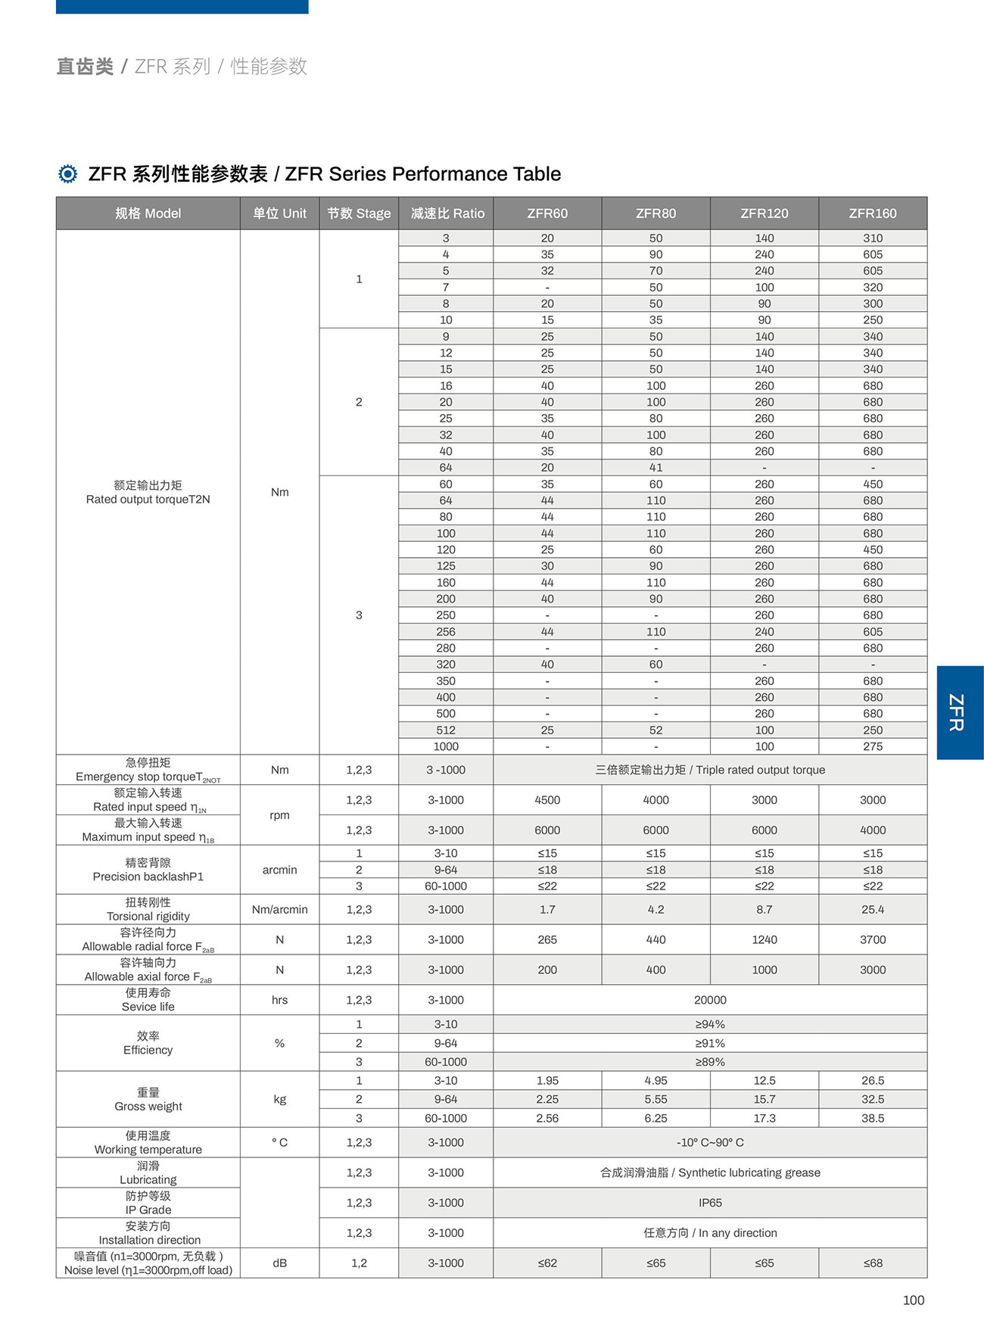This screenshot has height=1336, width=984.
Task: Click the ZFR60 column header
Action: click(547, 213)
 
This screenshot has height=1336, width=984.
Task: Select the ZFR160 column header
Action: click(872, 213)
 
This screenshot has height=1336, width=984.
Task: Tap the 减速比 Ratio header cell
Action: click(447, 213)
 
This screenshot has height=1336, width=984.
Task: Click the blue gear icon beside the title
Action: click(68, 174)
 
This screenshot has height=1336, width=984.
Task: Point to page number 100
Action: click(913, 1300)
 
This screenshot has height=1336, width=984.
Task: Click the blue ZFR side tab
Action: click(958, 712)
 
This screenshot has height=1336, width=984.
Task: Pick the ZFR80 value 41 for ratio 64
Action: click(655, 468)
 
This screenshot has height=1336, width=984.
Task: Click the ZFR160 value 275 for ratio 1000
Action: click(872, 746)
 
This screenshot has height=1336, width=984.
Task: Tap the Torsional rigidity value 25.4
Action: click(872, 909)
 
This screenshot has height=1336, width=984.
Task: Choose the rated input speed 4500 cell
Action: click(547, 800)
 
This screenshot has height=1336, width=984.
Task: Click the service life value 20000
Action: click(709, 1000)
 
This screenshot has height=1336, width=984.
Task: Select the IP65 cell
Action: click(709, 1203)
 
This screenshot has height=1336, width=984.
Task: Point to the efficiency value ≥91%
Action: click(709, 1043)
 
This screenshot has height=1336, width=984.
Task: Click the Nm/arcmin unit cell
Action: click(279, 909)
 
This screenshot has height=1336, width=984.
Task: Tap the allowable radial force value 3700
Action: click(872, 939)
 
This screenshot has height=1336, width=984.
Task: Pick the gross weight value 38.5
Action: click(872, 1118)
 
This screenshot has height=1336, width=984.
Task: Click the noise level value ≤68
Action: click(872, 1263)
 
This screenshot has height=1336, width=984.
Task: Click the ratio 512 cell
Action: click(446, 730)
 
